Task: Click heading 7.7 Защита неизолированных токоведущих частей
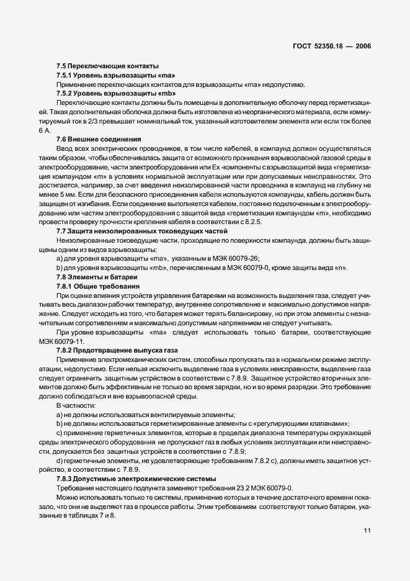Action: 133,230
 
